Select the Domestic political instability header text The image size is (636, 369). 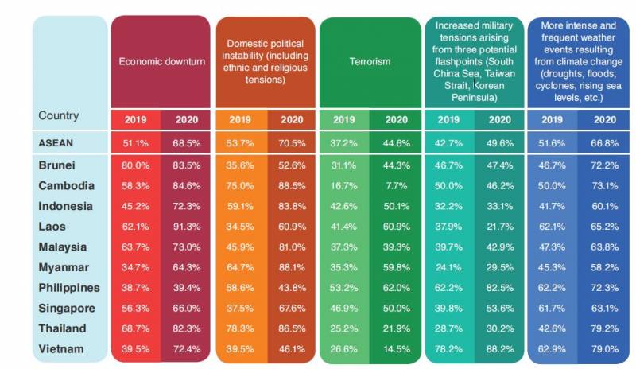coord(265,60)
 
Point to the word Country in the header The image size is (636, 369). coord(59,116)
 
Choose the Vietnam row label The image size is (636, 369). coord(60,348)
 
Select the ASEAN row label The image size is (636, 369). coord(56,142)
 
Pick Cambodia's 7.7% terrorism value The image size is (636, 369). coord(396,185)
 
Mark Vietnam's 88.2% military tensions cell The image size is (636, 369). coord(500,348)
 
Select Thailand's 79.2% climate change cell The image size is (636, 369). coord(603,328)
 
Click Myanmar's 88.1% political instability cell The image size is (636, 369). coord(292,267)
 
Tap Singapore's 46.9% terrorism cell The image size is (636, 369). coord(344,308)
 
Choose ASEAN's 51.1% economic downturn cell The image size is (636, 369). coord(135,143)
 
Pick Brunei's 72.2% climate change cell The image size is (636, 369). coord(603,165)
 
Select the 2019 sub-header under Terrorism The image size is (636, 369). coord(344,120)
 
